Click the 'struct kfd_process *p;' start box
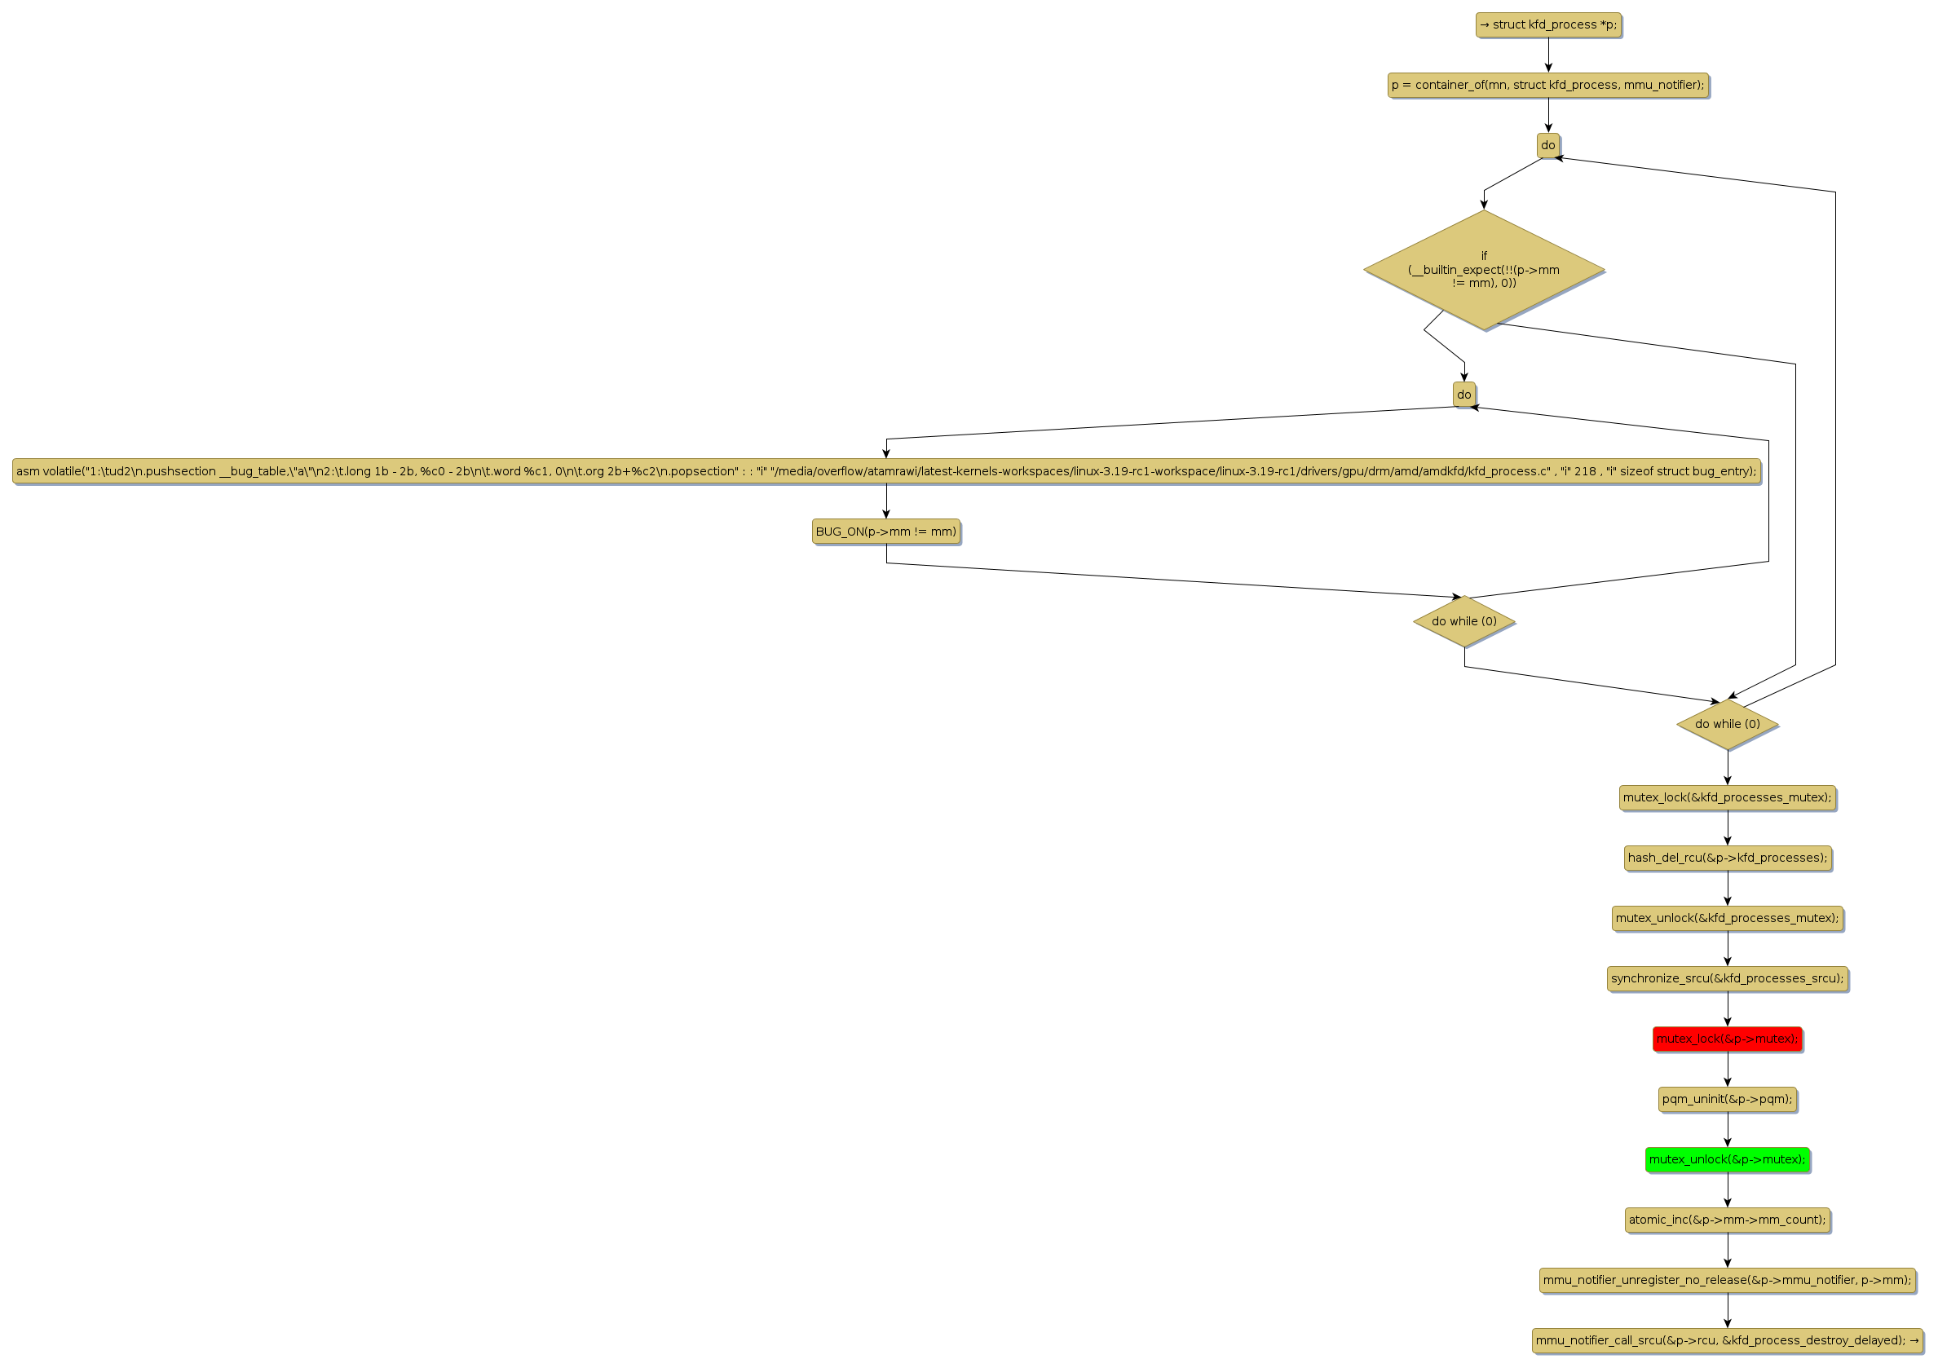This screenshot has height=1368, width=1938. [1548, 25]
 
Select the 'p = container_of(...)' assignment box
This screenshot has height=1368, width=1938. [1548, 86]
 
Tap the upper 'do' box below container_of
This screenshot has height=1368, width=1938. [1548, 145]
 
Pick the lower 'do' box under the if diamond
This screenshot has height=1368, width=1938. [1463, 394]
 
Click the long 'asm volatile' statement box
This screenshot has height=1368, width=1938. [886, 471]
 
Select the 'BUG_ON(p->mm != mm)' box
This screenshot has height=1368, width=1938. [886, 532]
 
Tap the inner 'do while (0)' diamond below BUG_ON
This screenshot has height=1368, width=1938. [1464, 621]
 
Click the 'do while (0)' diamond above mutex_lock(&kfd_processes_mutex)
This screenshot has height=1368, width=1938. [1728, 724]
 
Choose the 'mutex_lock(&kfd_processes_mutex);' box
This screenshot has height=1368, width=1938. [1728, 797]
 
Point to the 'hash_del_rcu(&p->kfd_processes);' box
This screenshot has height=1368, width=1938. [1728, 858]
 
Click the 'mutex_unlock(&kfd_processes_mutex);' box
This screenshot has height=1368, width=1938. [1728, 918]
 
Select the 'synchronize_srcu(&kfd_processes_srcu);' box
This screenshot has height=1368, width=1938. [1728, 979]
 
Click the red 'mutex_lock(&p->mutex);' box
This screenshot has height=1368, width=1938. [1728, 1039]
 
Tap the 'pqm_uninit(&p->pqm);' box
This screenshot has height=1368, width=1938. [1728, 1100]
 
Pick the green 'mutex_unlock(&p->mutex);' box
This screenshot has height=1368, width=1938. [1728, 1159]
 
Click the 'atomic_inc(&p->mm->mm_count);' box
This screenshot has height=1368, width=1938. [1728, 1220]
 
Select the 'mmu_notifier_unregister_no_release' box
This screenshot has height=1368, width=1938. [1728, 1280]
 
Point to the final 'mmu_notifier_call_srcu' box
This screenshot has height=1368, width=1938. [1728, 1340]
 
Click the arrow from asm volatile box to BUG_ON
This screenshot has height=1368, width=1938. [886, 501]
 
